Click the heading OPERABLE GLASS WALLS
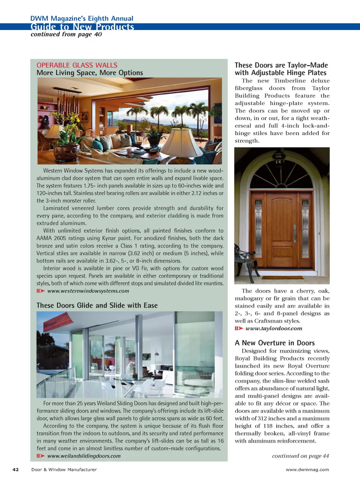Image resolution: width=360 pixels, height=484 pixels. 77,65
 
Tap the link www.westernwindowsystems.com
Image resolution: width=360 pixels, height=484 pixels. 88,291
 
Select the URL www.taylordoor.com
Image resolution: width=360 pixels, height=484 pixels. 274,328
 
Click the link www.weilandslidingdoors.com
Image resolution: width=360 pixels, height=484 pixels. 84,456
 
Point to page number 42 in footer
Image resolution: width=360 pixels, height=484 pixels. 16,469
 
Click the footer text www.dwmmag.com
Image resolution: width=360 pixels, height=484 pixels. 307,469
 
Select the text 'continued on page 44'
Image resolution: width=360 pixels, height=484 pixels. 300,456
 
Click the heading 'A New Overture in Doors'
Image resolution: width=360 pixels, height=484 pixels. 274,343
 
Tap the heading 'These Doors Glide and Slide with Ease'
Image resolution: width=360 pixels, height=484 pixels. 97,305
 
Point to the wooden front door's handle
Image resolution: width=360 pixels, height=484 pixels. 295,234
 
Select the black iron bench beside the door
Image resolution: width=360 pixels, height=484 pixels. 244,259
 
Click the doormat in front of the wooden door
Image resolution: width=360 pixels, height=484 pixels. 281,278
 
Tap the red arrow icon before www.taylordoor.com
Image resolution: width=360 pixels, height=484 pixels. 239,328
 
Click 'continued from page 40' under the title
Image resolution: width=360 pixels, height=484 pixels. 66,35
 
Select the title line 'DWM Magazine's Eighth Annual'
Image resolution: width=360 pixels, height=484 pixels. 82,18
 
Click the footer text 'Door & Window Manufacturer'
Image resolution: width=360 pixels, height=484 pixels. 64,469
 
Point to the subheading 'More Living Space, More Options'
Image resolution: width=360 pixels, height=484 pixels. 90,73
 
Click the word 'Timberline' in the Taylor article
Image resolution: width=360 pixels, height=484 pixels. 289,81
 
